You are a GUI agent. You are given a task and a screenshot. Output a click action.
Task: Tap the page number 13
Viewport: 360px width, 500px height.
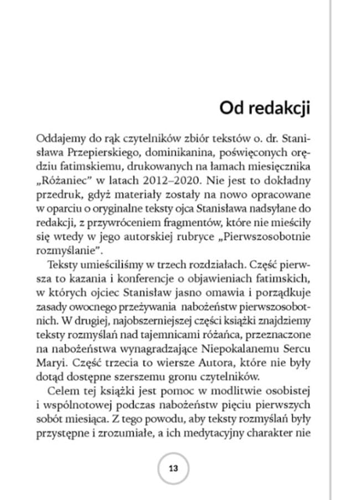(173, 468)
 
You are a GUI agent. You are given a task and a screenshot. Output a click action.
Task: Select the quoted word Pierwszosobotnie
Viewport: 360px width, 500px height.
(260, 239)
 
